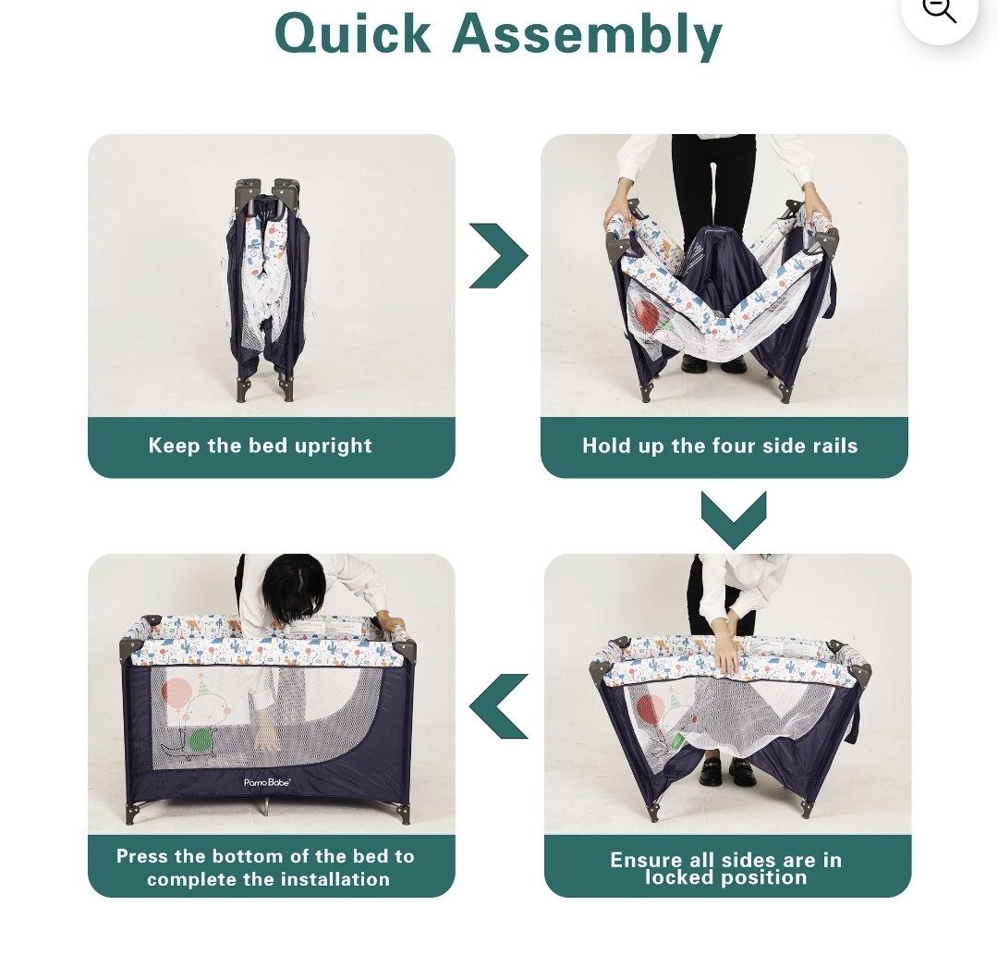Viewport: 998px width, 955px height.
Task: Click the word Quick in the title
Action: tap(353, 33)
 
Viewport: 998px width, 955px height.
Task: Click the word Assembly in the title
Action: tap(587, 36)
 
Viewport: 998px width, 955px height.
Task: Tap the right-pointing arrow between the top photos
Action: tap(498, 255)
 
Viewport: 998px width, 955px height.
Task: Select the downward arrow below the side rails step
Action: tap(734, 519)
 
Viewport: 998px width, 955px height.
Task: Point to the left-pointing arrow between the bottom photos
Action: tap(498, 705)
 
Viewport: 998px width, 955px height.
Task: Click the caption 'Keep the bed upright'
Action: tap(260, 445)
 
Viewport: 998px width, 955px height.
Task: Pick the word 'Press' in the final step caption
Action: tap(142, 856)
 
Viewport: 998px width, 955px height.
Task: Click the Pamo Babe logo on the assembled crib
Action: tap(267, 782)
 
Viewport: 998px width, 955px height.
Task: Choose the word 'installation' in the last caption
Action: tap(335, 879)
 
